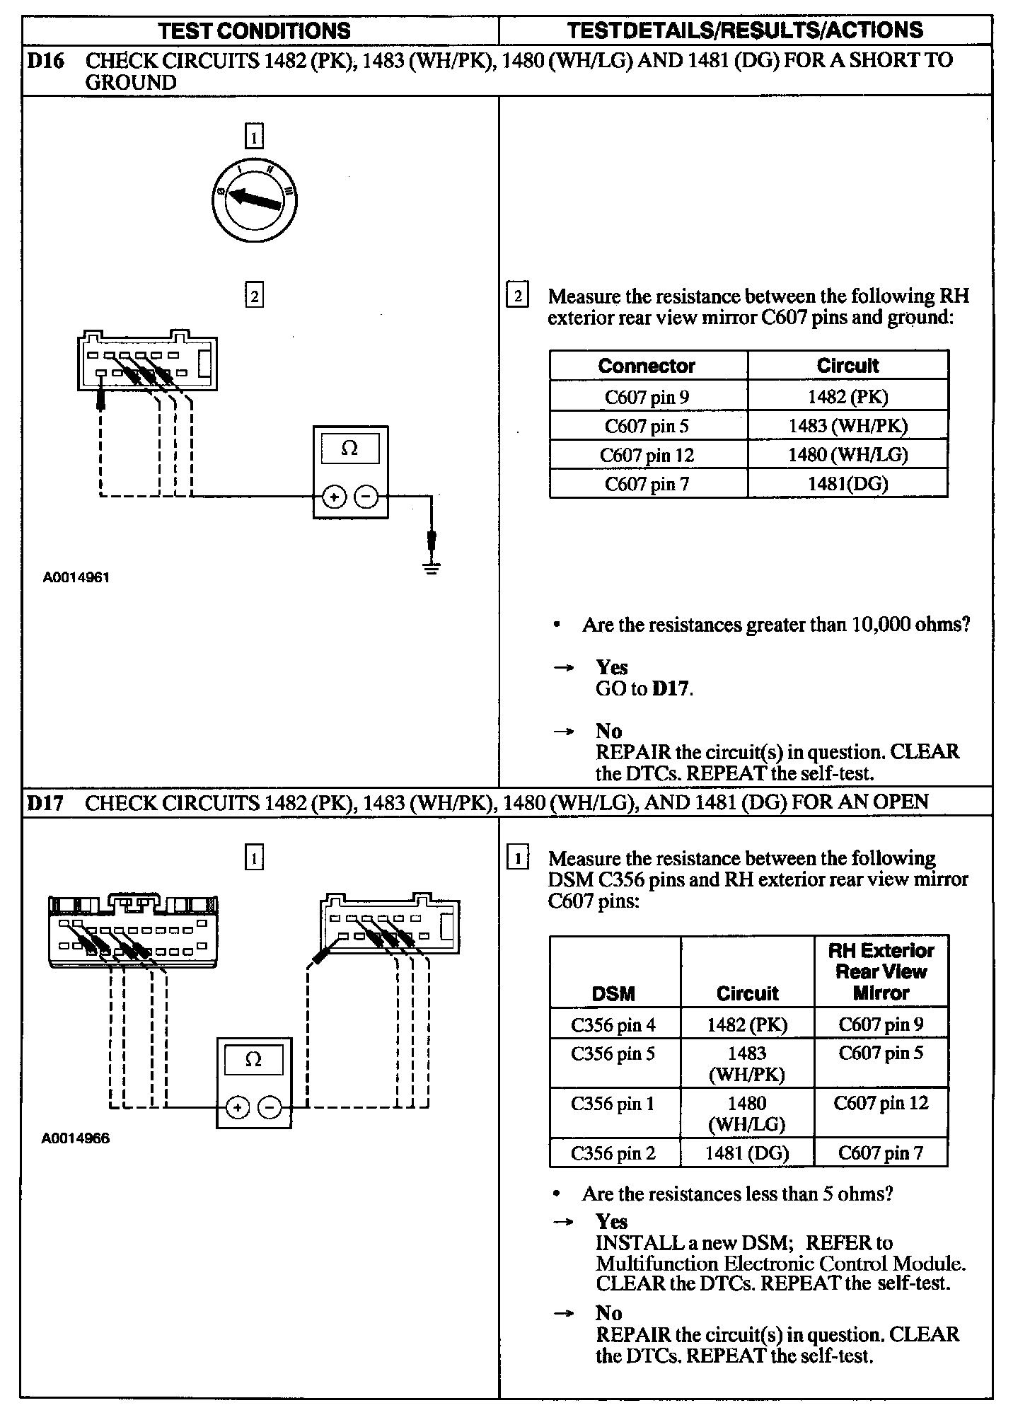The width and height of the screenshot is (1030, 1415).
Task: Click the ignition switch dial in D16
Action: (x=255, y=202)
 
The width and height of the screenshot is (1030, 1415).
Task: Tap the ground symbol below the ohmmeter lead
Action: (x=432, y=567)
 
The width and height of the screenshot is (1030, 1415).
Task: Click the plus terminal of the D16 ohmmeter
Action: (x=334, y=497)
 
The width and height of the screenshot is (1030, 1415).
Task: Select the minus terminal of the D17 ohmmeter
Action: (x=269, y=1107)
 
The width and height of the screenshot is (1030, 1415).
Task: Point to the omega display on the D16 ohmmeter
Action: (x=349, y=449)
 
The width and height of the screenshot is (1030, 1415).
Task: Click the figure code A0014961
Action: (x=76, y=577)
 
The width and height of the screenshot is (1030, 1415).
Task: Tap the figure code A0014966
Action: (x=76, y=1139)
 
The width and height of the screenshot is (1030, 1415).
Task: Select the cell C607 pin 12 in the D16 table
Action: (x=647, y=455)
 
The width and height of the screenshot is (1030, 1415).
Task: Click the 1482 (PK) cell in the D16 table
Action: (x=847, y=397)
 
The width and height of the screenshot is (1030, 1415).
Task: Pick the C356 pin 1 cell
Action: (x=613, y=1104)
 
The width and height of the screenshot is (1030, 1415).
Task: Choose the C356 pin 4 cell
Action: (x=613, y=1024)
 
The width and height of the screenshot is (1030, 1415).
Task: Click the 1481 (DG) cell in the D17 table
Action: (x=747, y=1153)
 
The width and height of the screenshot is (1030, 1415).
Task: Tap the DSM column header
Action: (x=613, y=993)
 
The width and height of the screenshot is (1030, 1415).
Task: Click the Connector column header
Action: (x=647, y=366)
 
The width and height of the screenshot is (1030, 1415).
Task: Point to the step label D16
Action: (x=45, y=61)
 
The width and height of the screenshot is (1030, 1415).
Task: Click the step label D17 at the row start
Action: (x=45, y=803)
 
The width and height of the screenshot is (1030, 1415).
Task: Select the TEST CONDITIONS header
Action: (x=255, y=30)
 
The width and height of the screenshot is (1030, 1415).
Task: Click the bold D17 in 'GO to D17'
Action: (x=671, y=688)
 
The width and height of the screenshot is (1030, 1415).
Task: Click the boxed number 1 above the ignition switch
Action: (x=254, y=136)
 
